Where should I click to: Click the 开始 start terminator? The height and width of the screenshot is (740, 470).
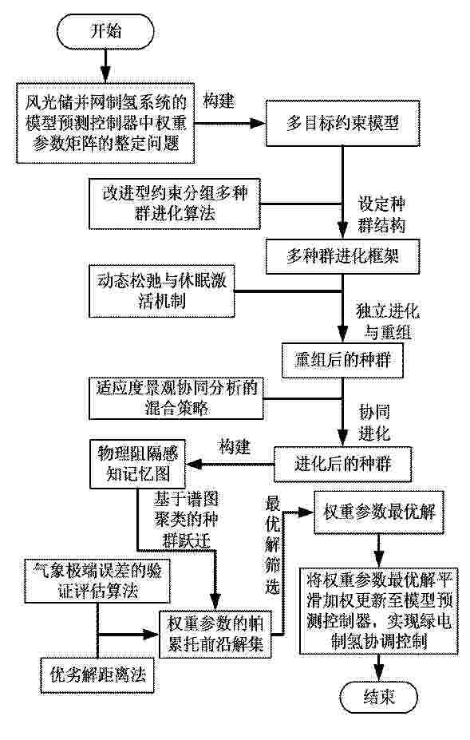(105, 32)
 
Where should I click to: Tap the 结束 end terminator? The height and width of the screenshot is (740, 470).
(379, 697)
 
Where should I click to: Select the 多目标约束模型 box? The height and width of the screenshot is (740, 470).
(342, 123)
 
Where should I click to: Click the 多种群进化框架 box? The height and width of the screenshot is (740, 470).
(342, 256)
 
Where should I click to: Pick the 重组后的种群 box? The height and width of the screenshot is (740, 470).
(342, 360)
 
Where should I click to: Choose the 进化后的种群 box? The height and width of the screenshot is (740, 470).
(342, 464)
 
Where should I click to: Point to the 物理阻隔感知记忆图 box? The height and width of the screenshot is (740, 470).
(137, 464)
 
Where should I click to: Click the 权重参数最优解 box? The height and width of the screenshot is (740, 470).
(379, 512)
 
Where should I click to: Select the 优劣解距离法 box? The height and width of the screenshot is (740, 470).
(97, 675)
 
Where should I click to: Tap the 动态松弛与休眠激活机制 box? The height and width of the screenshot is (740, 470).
(161, 291)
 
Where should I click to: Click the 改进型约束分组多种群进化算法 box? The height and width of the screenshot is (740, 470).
(175, 204)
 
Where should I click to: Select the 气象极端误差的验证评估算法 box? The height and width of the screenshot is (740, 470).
(97, 581)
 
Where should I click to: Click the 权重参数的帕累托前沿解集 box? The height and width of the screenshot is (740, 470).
(215, 635)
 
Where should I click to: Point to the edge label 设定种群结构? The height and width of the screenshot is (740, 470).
(381, 215)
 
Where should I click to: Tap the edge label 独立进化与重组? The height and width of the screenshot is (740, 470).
(388, 322)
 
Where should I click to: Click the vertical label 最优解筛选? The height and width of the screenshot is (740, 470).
(272, 544)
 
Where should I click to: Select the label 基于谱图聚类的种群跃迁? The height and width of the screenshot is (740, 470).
(185, 519)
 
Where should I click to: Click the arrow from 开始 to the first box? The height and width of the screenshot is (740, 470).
(105, 66)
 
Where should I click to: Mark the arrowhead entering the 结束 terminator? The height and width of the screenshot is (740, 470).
(379, 675)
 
